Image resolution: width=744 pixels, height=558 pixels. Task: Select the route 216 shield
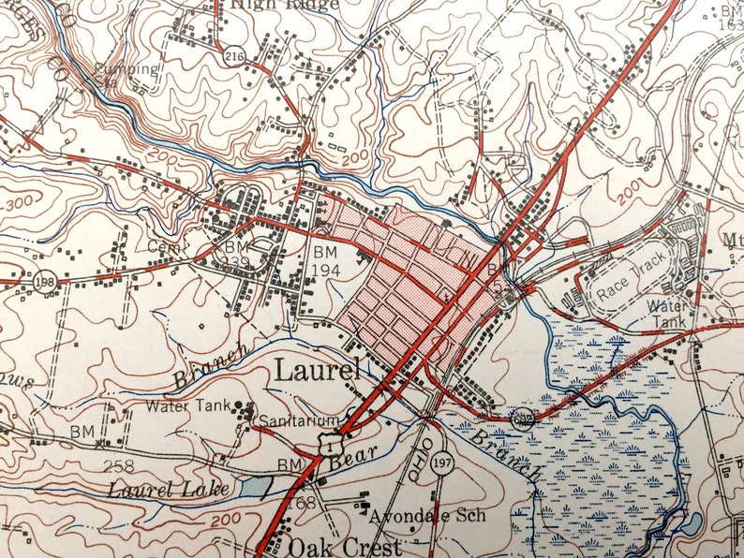233,57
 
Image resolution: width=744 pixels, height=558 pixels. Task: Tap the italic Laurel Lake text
155,488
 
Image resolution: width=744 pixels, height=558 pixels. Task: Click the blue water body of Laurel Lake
255,487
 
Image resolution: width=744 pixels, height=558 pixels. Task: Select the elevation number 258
120,465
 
